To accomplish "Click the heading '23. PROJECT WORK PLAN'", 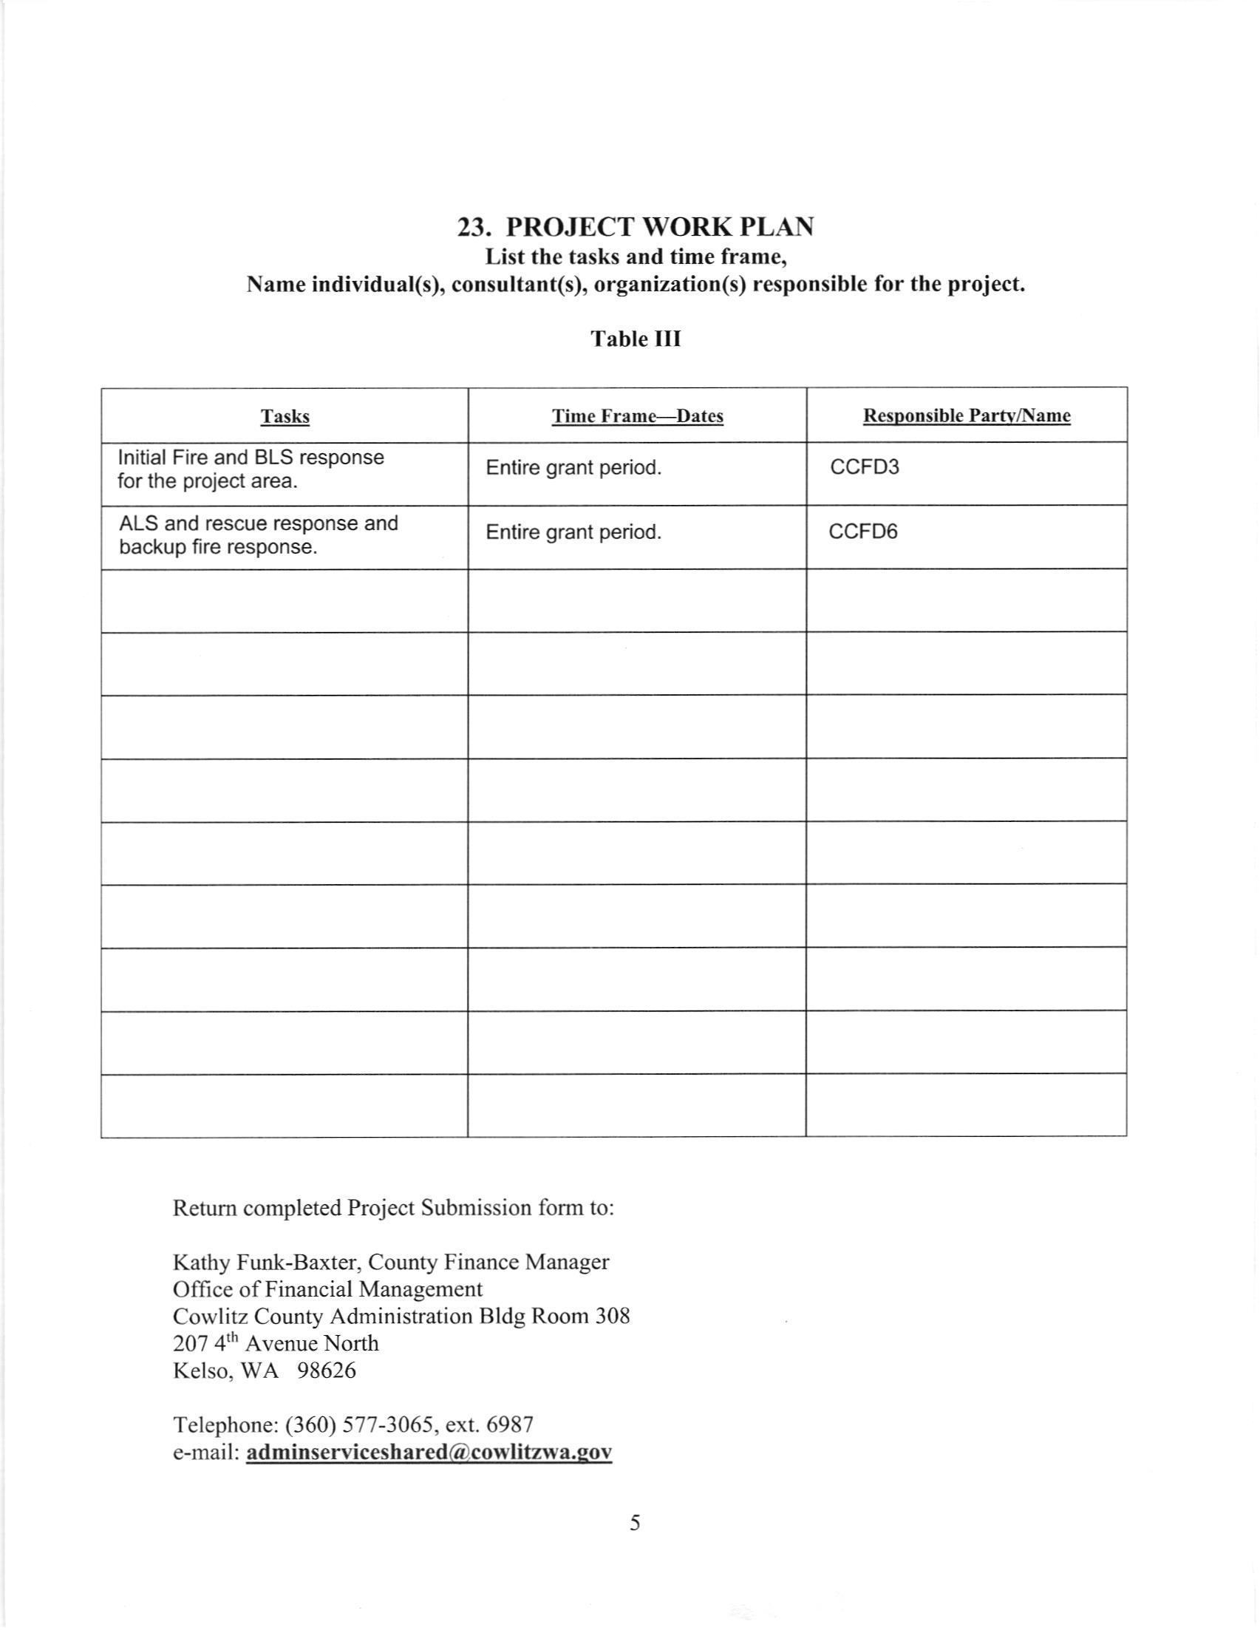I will pyautogui.click(x=635, y=227).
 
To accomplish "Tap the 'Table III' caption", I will pyautogui.click(x=636, y=339).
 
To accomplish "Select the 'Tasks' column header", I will pyautogui.click(x=285, y=416).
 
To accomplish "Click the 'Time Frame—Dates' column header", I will pyautogui.click(x=637, y=416).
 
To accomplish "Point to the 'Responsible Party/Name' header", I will pyautogui.click(x=966, y=416).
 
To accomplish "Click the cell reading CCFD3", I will pyautogui.click(x=865, y=468).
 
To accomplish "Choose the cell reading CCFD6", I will pyautogui.click(x=863, y=532).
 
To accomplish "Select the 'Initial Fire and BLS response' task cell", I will pyautogui.click(x=251, y=469).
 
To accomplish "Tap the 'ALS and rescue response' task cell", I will pyautogui.click(x=258, y=535).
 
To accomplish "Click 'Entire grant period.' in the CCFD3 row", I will pyautogui.click(x=573, y=469).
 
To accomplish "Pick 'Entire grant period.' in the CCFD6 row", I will pyautogui.click(x=573, y=533).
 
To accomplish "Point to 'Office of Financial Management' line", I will pyautogui.click(x=327, y=1289).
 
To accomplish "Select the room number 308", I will pyautogui.click(x=612, y=1316).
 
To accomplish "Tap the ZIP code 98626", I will pyautogui.click(x=326, y=1371).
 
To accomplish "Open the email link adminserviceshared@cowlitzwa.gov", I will pyautogui.click(x=429, y=1453).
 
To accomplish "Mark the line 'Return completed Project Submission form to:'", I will pyautogui.click(x=393, y=1208).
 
